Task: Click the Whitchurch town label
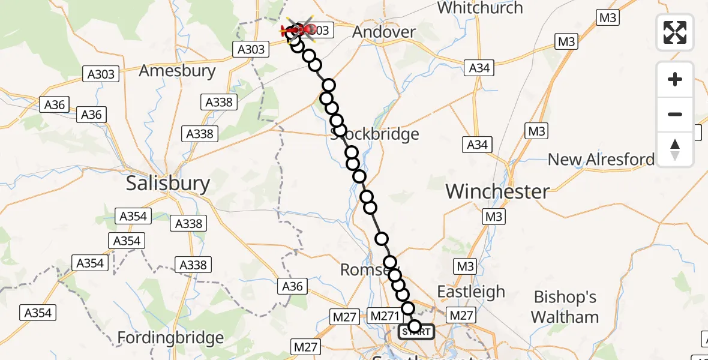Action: [480, 8]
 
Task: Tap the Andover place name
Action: [384, 32]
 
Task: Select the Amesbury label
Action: [177, 71]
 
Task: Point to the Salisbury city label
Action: [168, 184]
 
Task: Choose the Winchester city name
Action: [497, 192]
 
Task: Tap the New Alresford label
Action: [601, 160]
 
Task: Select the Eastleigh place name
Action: [471, 292]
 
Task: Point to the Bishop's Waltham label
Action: [565, 307]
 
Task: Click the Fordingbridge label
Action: [170, 338]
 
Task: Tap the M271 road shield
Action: [385, 316]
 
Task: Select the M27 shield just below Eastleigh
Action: [461, 315]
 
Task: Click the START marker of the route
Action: [416, 331]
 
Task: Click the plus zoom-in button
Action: [675, 79]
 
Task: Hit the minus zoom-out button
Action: [675, 114]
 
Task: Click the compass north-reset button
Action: [675, 149]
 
